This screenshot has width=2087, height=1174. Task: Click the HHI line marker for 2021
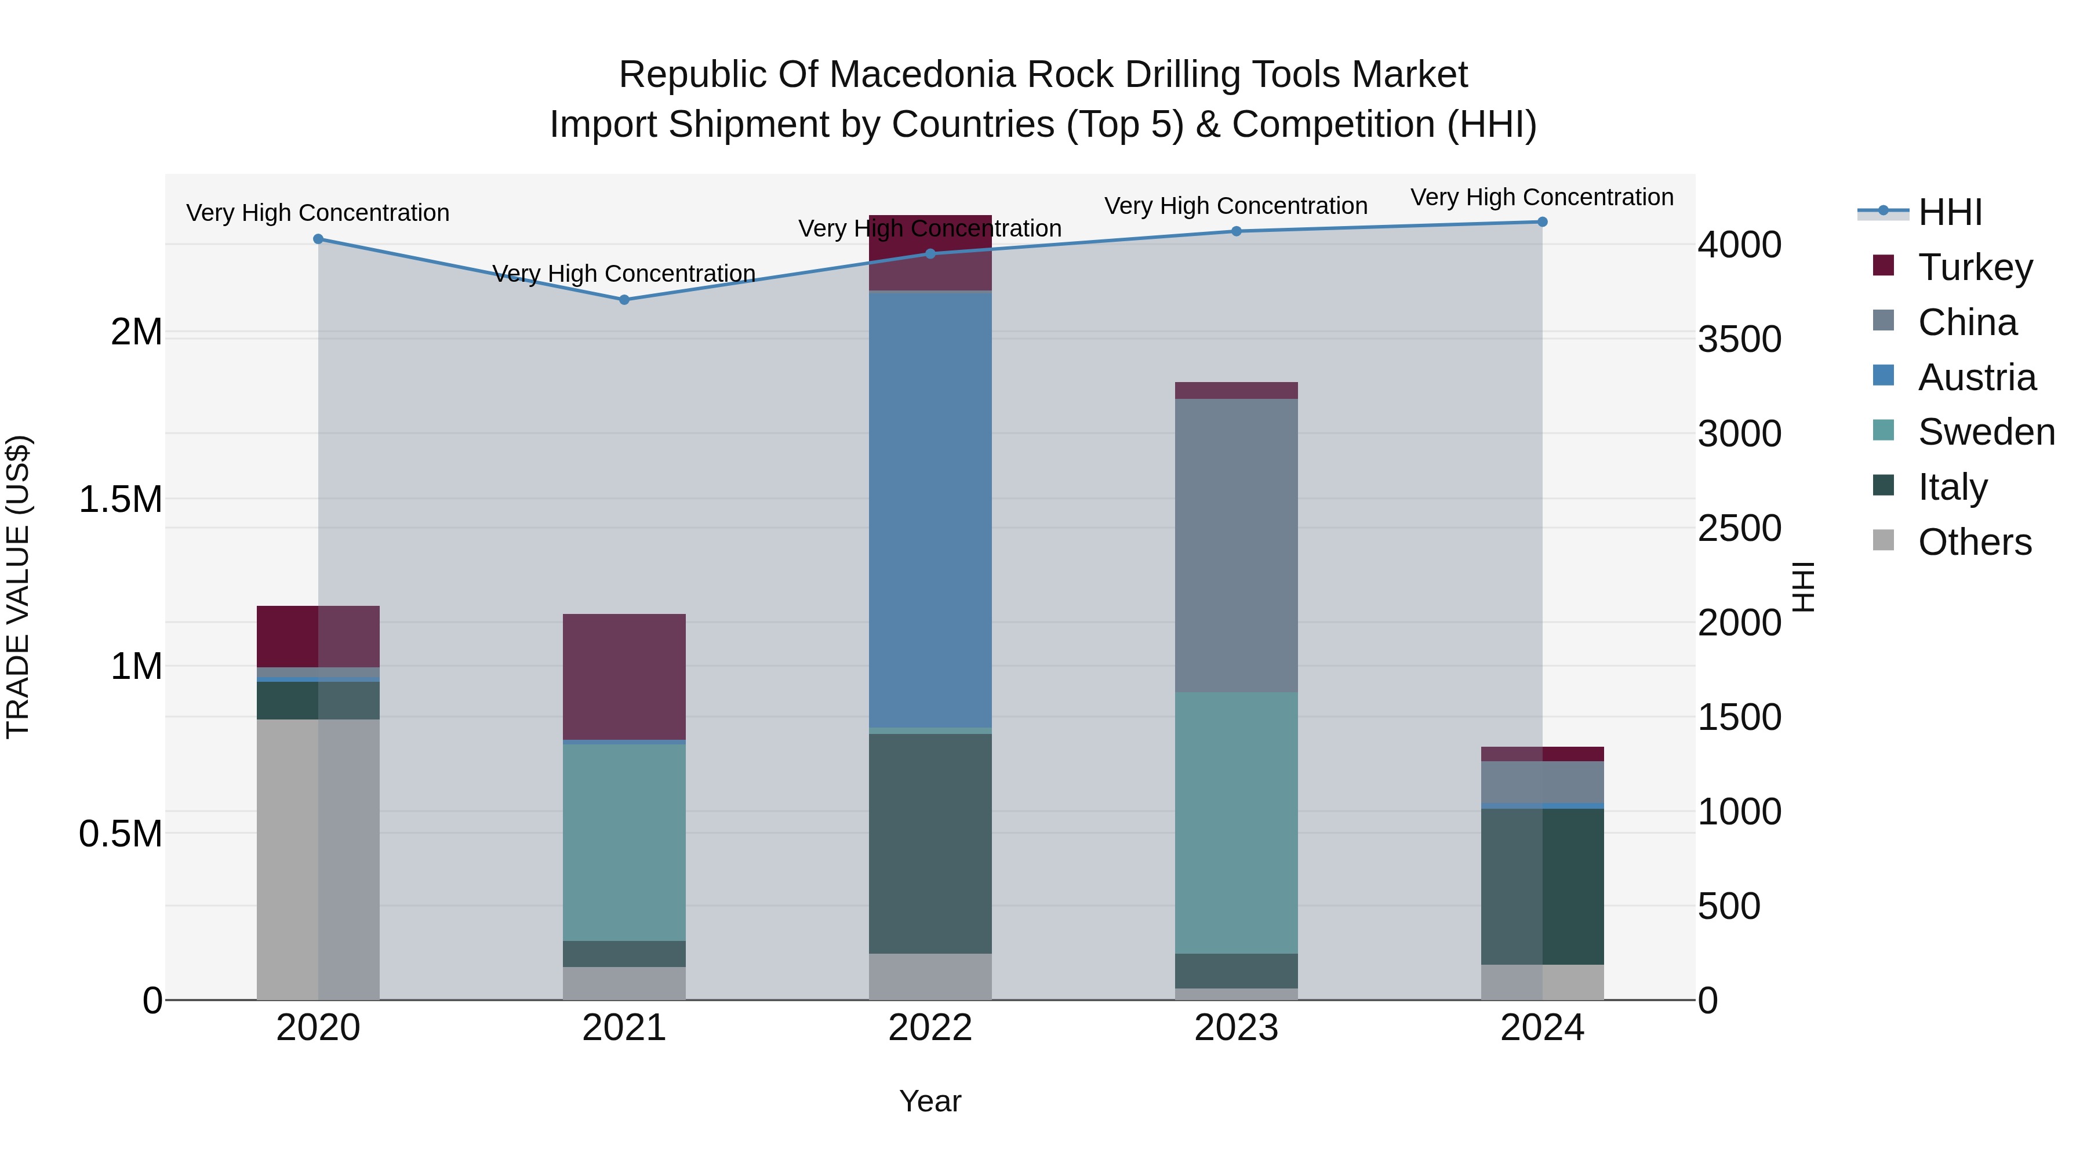point(624,300)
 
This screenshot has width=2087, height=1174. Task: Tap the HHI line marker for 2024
point(1541,222)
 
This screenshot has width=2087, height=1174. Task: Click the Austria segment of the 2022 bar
point(930,509)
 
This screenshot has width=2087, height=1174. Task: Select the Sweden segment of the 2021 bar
point(624,842)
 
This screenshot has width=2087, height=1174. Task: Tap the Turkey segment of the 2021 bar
point(624,677)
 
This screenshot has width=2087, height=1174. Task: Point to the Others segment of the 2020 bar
point(318,859)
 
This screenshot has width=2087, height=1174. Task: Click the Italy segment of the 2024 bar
point(1541,886)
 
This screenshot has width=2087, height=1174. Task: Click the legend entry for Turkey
point(1975,267)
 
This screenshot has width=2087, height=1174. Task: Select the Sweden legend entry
point(1986,432)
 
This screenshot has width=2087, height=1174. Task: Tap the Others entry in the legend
point(1975,542)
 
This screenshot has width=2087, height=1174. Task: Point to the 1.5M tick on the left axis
point(121,499)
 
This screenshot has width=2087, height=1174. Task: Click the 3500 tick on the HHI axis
point(1739,340)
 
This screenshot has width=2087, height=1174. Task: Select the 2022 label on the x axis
point(930,1028)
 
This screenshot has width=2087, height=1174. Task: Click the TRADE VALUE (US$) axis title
point(18,587)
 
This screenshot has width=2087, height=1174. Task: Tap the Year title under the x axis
point(930,1101)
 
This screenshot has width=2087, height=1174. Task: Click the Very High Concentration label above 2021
point(624,274)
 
